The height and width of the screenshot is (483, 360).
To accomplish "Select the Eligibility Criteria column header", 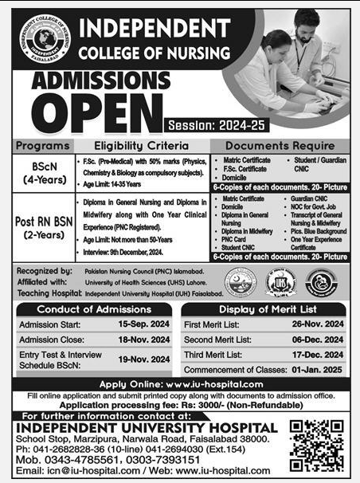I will pyautogui.click(x=142, y=147).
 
